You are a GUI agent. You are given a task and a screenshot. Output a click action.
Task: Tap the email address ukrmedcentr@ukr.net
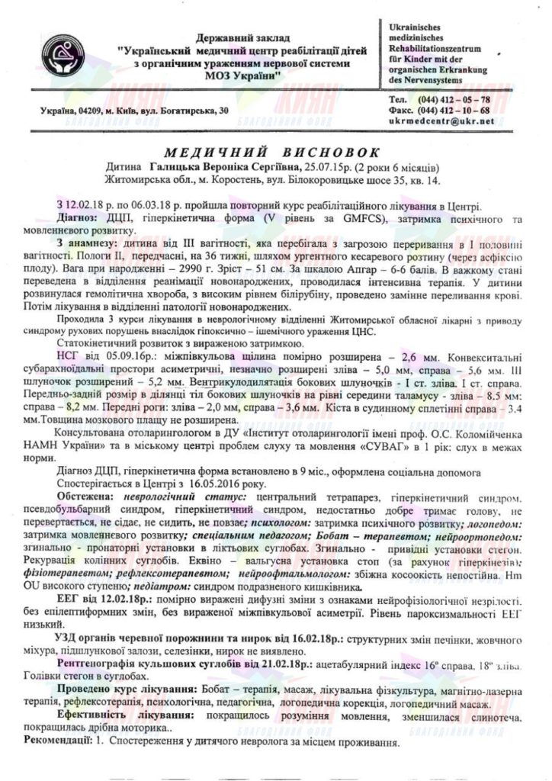pyautogui.click(x=441, y=121)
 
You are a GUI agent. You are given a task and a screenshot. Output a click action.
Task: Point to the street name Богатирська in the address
pyautogui.click(x=181, y=111)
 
